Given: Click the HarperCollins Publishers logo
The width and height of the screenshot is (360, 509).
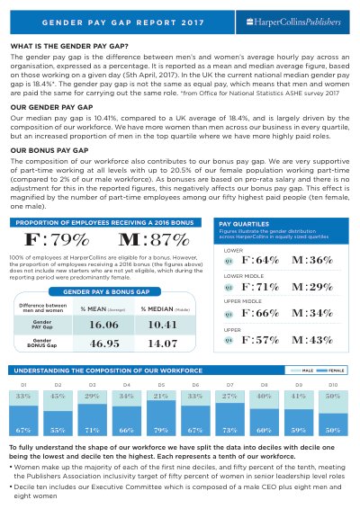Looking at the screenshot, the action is coord(293,22).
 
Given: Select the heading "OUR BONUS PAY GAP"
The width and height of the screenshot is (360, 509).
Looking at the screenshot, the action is coord(49,150).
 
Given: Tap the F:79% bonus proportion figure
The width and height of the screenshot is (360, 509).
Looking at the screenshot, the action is coord(57,239).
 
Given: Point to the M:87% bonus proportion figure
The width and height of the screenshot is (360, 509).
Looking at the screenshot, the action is coord(154,239).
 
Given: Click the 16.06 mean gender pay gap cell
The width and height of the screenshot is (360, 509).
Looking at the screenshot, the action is coord(103,325).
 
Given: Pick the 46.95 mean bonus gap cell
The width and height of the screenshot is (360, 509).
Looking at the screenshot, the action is coord(104,344).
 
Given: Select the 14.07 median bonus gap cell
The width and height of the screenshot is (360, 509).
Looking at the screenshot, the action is coord(163,344).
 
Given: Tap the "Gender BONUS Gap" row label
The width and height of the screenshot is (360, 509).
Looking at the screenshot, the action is coord(42,343).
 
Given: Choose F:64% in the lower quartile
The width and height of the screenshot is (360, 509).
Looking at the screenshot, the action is coord(260,260).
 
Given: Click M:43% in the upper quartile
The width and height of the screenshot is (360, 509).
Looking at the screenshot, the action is coord(312,340).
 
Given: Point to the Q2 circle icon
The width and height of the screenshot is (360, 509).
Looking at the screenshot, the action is coord(229,288).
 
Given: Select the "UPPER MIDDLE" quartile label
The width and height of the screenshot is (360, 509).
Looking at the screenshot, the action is coord(243,301).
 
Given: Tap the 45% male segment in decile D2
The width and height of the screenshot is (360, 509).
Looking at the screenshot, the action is coord(58,401).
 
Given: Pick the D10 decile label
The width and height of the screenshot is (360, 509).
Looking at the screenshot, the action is coord(333,385).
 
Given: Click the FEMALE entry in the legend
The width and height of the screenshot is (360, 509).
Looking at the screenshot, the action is coord(331,371).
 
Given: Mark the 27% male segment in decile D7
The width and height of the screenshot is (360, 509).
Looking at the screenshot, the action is coord(229,397).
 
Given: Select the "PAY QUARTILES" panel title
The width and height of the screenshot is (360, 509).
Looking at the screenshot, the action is coord(244,224).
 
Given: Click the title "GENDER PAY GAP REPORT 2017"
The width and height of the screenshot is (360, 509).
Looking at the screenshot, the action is coord(122,22).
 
